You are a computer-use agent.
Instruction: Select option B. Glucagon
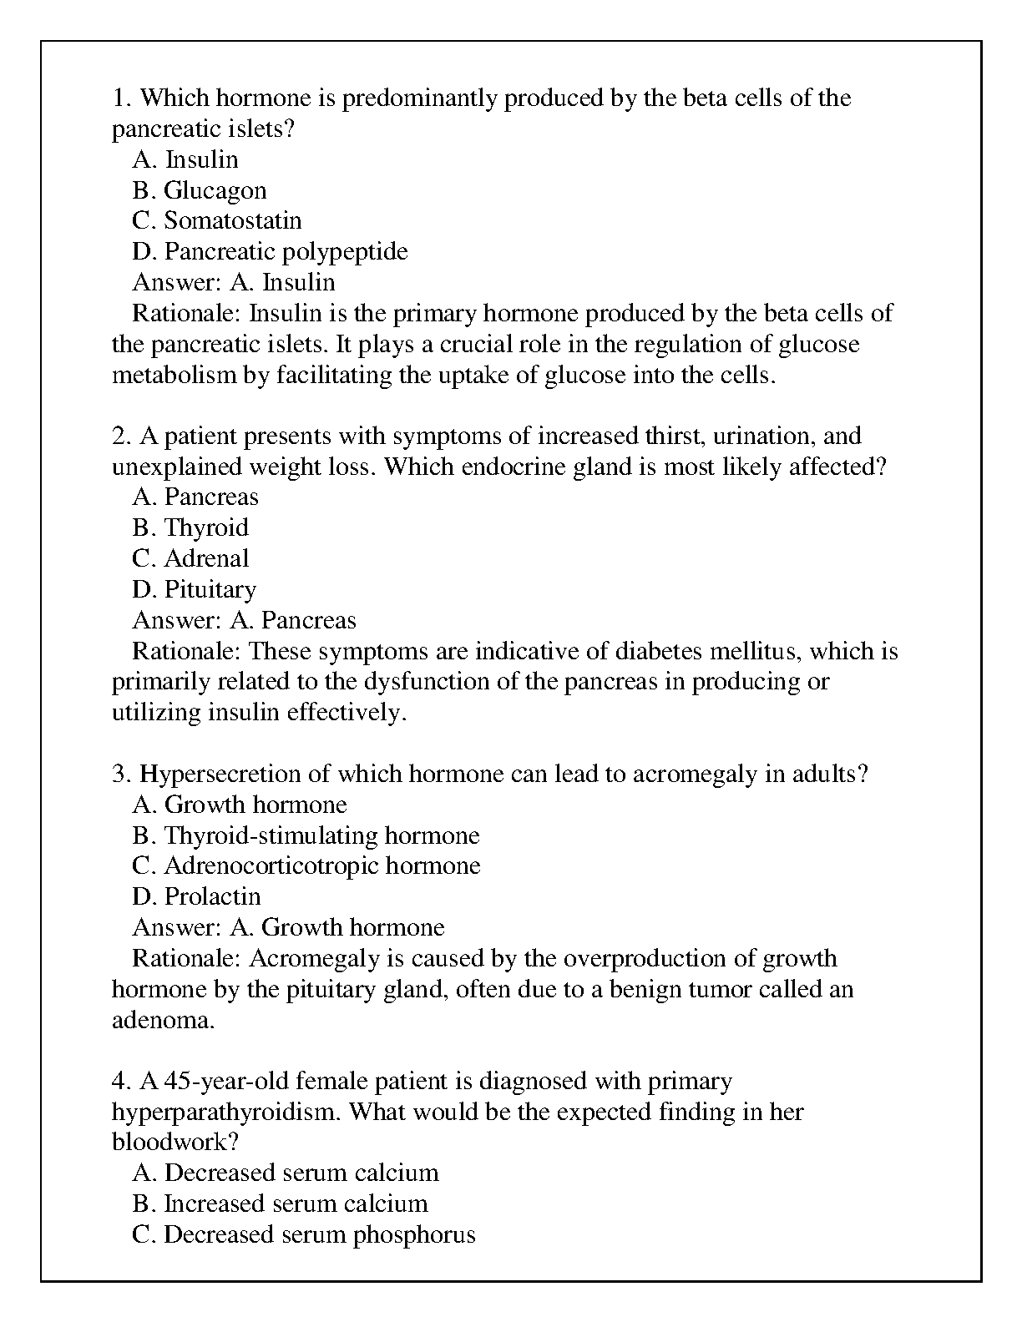tap(200, 190)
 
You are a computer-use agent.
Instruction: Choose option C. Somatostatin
tap(217, 221)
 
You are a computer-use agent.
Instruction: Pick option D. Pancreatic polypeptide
tap(270, 252)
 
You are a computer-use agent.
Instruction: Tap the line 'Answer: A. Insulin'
tap(234, 282)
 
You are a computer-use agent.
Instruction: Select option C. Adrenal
tap(190, 558)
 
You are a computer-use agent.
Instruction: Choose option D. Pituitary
tap(194, 589)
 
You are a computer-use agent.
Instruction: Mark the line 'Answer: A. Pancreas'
tap(244, 620)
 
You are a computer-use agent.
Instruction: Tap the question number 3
tap(120, 775)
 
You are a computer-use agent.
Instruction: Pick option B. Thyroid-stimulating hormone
tap(306, 835)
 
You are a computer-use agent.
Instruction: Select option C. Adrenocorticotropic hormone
tap(306, 865)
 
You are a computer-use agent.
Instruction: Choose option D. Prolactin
tap(196, 896)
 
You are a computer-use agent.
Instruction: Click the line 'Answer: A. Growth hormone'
tap(288, 927)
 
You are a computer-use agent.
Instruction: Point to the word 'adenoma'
tap(161, 1020)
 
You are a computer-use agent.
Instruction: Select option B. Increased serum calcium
tap(280, 1203)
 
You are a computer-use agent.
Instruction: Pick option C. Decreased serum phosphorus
tap(304, 1234)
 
